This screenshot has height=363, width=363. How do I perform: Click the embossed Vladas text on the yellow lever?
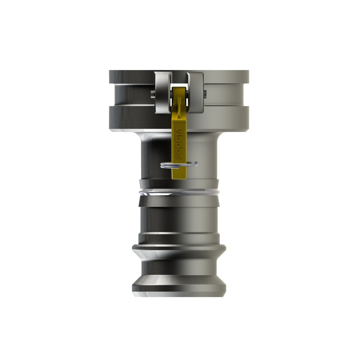pyautogui.click(x=178, y=144)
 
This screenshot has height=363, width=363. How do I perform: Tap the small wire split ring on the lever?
pyautogui.click(x=179, y=165)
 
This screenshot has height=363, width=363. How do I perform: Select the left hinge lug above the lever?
pyautogui.click(x=163, y=93)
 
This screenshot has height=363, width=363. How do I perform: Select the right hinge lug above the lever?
pyautogui.click(x=195, y=93)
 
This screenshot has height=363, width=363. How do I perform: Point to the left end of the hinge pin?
pyautogui.click(x=153, y=94)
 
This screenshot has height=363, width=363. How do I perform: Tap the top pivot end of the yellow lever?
pyautogui.click(x=179, y=89)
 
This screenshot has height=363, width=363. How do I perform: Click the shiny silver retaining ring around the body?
pyautogui.click(x=178, y=192)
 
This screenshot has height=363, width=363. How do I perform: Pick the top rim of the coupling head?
pyautogui.click(x=179, y=77)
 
